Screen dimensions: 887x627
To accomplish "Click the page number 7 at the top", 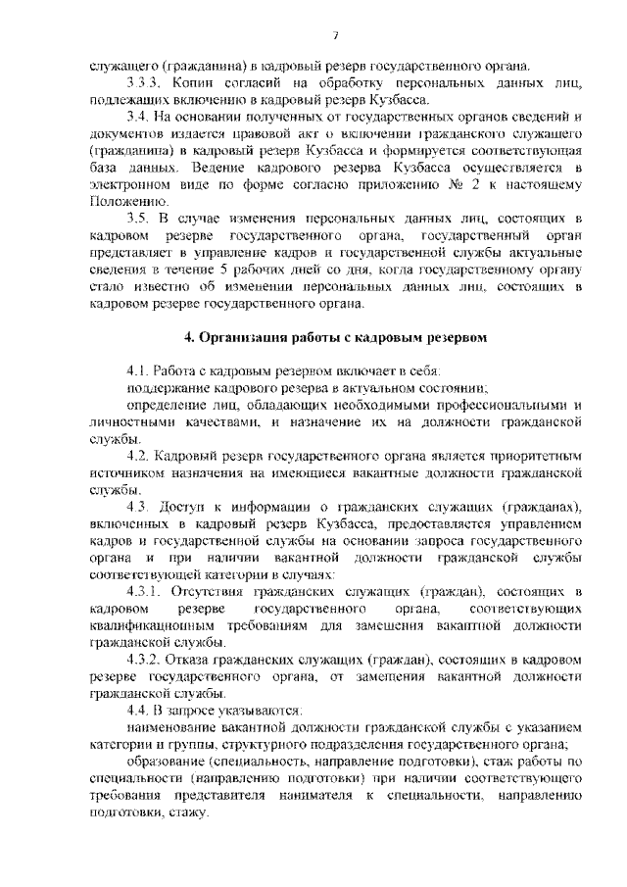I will [335, 36].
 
